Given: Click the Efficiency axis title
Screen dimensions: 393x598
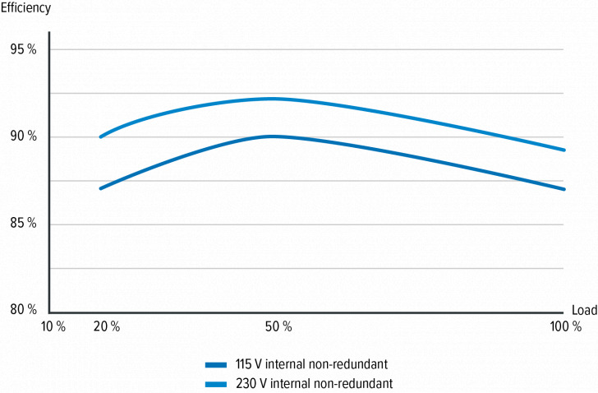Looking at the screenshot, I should (25, 8).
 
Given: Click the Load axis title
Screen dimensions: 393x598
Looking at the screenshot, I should (584, 310).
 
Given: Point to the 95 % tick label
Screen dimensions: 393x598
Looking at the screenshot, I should (24, 49).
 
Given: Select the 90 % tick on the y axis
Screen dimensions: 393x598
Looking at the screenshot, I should (24, 136).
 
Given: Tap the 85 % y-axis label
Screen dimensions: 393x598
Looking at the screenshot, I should (24, 224).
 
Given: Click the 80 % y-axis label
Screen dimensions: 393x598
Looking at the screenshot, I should (24, 310).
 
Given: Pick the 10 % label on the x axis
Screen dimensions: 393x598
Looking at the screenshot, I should (52, 326).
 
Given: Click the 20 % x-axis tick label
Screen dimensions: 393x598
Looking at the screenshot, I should (107, 326).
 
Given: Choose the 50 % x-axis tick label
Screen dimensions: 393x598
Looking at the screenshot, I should (278, 326).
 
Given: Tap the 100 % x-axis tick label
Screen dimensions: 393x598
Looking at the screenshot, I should (566, 326).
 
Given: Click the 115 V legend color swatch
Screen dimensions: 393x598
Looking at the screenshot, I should (216, 363).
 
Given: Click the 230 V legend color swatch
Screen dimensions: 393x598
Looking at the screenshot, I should (216, 383).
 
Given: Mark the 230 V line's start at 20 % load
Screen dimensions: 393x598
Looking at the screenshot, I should (100, 136).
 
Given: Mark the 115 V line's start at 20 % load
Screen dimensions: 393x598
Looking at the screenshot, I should (100, 188).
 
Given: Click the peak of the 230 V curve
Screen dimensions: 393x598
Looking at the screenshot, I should (271, 99).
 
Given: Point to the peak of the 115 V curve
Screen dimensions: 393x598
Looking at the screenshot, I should (271, 136).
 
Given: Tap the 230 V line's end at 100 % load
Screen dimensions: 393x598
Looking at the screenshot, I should (564, 150).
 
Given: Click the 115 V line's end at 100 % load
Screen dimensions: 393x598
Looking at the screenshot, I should (564, 189).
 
